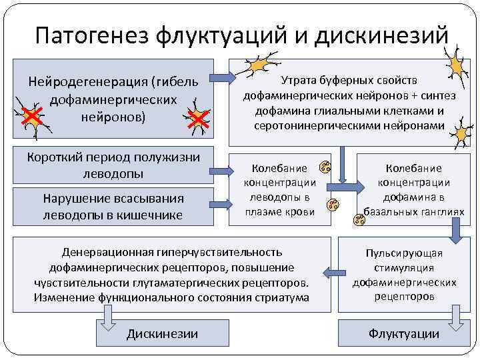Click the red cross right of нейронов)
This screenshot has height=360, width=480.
coord(197,120)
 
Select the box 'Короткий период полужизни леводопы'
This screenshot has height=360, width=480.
coord(113,165)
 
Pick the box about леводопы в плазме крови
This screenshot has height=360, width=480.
coord(279,189)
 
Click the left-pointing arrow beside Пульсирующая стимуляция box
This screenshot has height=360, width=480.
coord(329,271)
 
